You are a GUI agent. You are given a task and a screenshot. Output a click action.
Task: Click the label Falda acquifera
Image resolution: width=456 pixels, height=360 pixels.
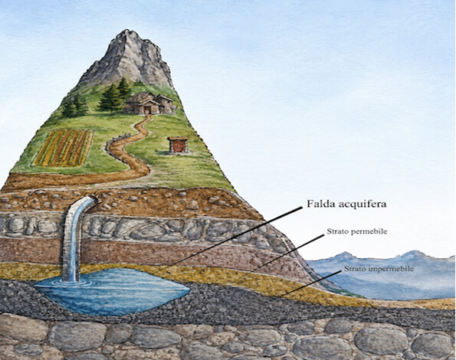pyautogui.click(x=346, y=204)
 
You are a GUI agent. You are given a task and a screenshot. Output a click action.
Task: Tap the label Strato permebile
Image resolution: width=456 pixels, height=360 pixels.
pyautogui.click(x=357, y=231)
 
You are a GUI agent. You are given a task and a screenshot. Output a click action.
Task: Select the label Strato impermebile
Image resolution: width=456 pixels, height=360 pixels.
pyautogui.click(x=379, y=269)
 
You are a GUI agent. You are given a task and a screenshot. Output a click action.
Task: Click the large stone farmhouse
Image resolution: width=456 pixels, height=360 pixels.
pyautogui.click(x=149, y=103)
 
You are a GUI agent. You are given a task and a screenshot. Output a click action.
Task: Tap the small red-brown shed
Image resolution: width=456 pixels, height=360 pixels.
pyautogui.click(x=178, y=145)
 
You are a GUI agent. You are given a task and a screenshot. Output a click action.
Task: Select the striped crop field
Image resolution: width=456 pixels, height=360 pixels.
pyautogui.click(x=64, y=148)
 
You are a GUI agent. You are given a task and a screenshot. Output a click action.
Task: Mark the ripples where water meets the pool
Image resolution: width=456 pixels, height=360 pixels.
pyautogui.click(x=71, y=281)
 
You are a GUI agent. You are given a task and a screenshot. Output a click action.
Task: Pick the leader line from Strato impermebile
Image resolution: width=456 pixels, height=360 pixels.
pyautogui.click(x=310, y=283)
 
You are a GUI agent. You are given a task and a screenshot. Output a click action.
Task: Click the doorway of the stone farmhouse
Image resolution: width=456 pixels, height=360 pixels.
pyautogui.click(x=147, y=110)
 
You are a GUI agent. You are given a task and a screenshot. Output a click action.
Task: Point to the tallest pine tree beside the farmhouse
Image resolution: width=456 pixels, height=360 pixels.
pyautogui.click(x=110, y=97)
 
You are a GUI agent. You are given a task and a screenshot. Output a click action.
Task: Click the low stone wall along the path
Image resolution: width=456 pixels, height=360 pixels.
pyautogui.click(x=116, y=146)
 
